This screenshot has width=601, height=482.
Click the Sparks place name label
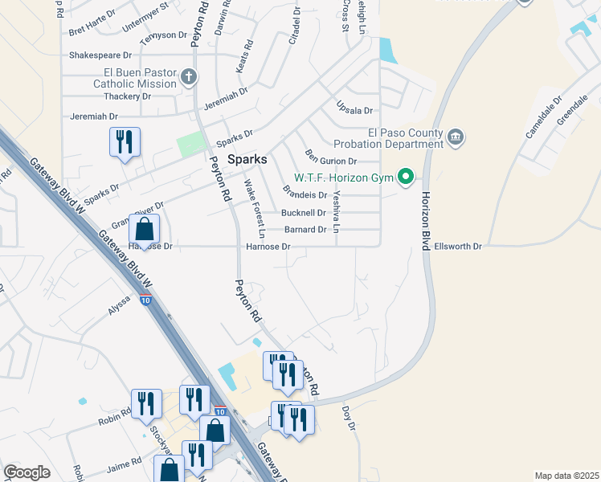click(x=247, y=158)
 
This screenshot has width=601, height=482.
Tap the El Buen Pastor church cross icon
click(x=189, y=77)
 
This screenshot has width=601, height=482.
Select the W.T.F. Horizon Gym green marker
click(x=407, y=177)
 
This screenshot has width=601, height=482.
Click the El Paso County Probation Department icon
click(x=456, y=138)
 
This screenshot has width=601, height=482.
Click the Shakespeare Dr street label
click(x=100, y=55)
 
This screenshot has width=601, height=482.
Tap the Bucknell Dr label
click(x=304, y=213)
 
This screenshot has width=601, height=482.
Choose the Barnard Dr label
click(x=305, y=230)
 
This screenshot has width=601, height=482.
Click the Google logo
click(x=27, y=472)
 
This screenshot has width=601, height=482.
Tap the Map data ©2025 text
click(x=566, y=476)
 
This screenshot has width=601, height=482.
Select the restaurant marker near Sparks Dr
click(x=125, y=143)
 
